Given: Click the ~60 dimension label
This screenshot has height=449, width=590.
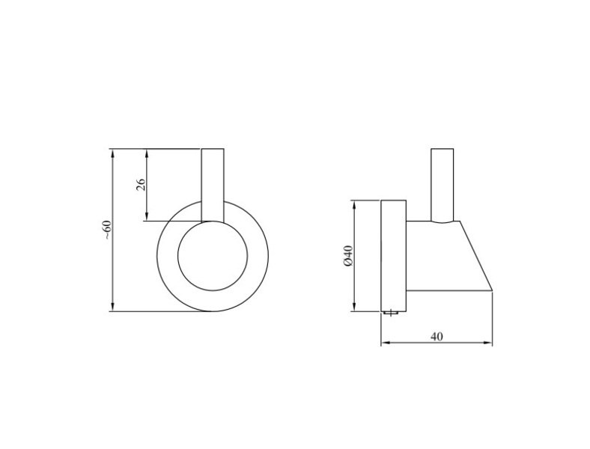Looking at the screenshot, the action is pos(108,230).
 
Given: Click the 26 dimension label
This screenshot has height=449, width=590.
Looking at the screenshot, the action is pos(140,185).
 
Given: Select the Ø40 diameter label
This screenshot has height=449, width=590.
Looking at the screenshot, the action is pos(348,256).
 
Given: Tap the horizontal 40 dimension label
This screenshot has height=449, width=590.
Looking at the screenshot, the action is pos(437,336).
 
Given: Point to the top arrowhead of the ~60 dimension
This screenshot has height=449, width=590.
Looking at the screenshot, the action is pos(112,153).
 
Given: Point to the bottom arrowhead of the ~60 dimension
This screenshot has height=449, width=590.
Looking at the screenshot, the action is pos(112,308).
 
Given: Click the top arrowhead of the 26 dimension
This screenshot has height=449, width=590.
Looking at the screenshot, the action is pos(147,153).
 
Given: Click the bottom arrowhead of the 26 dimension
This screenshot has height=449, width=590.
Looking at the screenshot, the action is pos(147,216).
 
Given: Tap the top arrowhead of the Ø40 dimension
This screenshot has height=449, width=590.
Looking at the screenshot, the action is pos(353,205).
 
